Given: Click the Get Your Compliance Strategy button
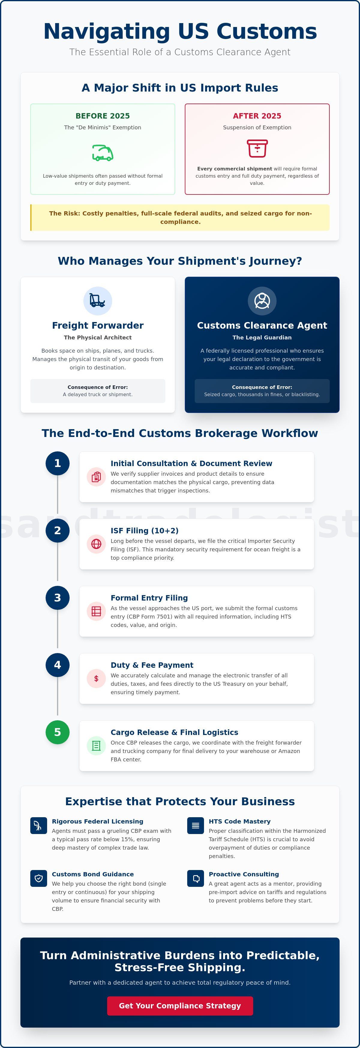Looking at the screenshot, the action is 180,1006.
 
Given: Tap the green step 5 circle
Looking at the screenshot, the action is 57,732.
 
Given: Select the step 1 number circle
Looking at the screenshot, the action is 57,463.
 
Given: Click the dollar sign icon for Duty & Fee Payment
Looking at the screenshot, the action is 96,679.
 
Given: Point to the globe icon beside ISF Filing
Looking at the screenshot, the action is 96,544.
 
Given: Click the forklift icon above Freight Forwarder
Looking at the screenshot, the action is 97,301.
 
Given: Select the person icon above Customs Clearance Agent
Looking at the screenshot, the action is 262,301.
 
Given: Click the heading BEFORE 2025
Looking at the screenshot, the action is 103,116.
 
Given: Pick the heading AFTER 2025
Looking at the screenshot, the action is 257,116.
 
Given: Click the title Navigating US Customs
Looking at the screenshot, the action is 180,31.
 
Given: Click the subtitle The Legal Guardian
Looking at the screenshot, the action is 262,337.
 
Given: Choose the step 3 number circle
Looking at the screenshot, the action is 57,598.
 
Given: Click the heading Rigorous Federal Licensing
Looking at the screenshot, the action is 97,821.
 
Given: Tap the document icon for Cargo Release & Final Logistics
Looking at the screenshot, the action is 96,746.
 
